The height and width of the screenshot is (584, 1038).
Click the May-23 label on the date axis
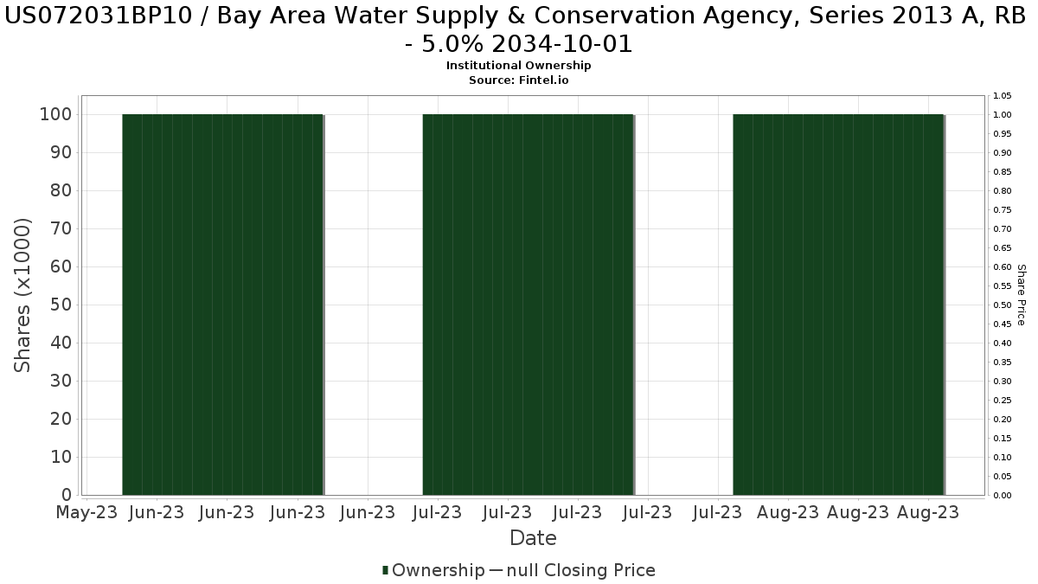pyautogui.click(x=86, y=512)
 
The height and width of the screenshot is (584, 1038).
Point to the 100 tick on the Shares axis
pyautogui.click(x=55, y=114)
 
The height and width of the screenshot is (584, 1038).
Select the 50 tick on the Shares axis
pyautogui.click(x=61, y=305)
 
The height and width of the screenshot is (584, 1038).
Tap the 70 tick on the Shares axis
pyautogui.click(x=61, y=228)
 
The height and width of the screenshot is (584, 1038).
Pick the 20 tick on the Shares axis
pyautogui.click(x=61, y=419)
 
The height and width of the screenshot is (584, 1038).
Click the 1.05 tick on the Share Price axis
pyautogui.click(x=1003, y=95)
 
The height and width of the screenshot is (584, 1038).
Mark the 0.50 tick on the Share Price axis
pyautogui.click(x=1003, y=305)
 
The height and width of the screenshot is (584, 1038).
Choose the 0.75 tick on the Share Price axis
pyautogui.click(x=1003, y=209)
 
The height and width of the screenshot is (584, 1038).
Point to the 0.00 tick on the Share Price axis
pyautogui.click(x=1003, y=495)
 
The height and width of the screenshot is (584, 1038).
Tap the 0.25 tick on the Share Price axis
pyautogui.click(x=1003, y=400)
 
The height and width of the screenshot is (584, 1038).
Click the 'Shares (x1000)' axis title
pyautogui.click(x=23, y=295)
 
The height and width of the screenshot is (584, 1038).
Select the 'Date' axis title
pyautogui.click(x=533, y=538)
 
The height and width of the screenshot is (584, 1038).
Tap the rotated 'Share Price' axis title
pyautogui.click(x=1021, y=295)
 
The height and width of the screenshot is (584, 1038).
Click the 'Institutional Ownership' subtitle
pyautogui.click(x=519, y=66)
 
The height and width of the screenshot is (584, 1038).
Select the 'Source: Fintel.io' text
pyautogui.click(x=519, y=80)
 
